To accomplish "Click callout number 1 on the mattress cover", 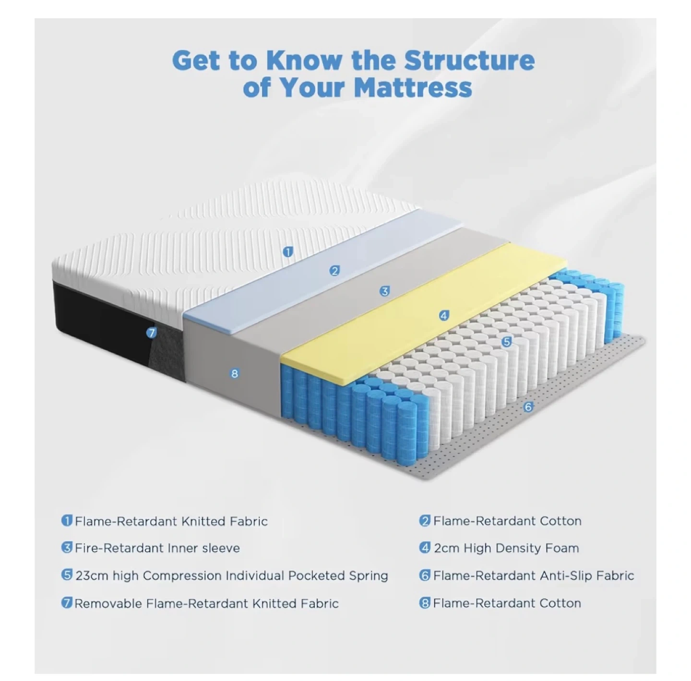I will pyautogui.click(x=288, y=251).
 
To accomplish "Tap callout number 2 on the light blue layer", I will pyautogui.click(x=335, y=271).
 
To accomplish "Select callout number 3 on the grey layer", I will pyautogui.click(x=384, y=291).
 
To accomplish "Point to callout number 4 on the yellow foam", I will pyautogui.click(x=444, y=316).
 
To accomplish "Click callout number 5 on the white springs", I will pyautogui.click(x=506, y=342).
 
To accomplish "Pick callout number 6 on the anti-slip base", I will pyautogui.click(x=528, y=407).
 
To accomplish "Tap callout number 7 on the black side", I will pyautogui.click(x=152, y=333).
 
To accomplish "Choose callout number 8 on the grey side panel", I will pyautogui.click(x=235, y=373).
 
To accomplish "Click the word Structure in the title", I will pyautogui.click(x=469, y=60).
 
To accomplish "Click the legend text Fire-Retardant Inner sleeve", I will pyautogui.click(x=157, y=548).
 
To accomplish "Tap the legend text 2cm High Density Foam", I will pyautogui.click(x=506, y=548).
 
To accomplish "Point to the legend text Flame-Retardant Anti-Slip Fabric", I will pyautogui.click(x=534, y=575).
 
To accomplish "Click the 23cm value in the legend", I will pyautogui.click(x=92, y=575).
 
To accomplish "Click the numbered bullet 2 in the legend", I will pyautogui.click(x=425, y=521).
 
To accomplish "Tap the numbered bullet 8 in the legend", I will pyautogui.click(x=425, y=603).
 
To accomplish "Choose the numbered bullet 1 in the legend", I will pyautogui.click(x=67, y=521).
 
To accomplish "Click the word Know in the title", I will pyautogui.click(x=304, y=60).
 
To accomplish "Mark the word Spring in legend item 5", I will pyautogui.click(x=368, y=576).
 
